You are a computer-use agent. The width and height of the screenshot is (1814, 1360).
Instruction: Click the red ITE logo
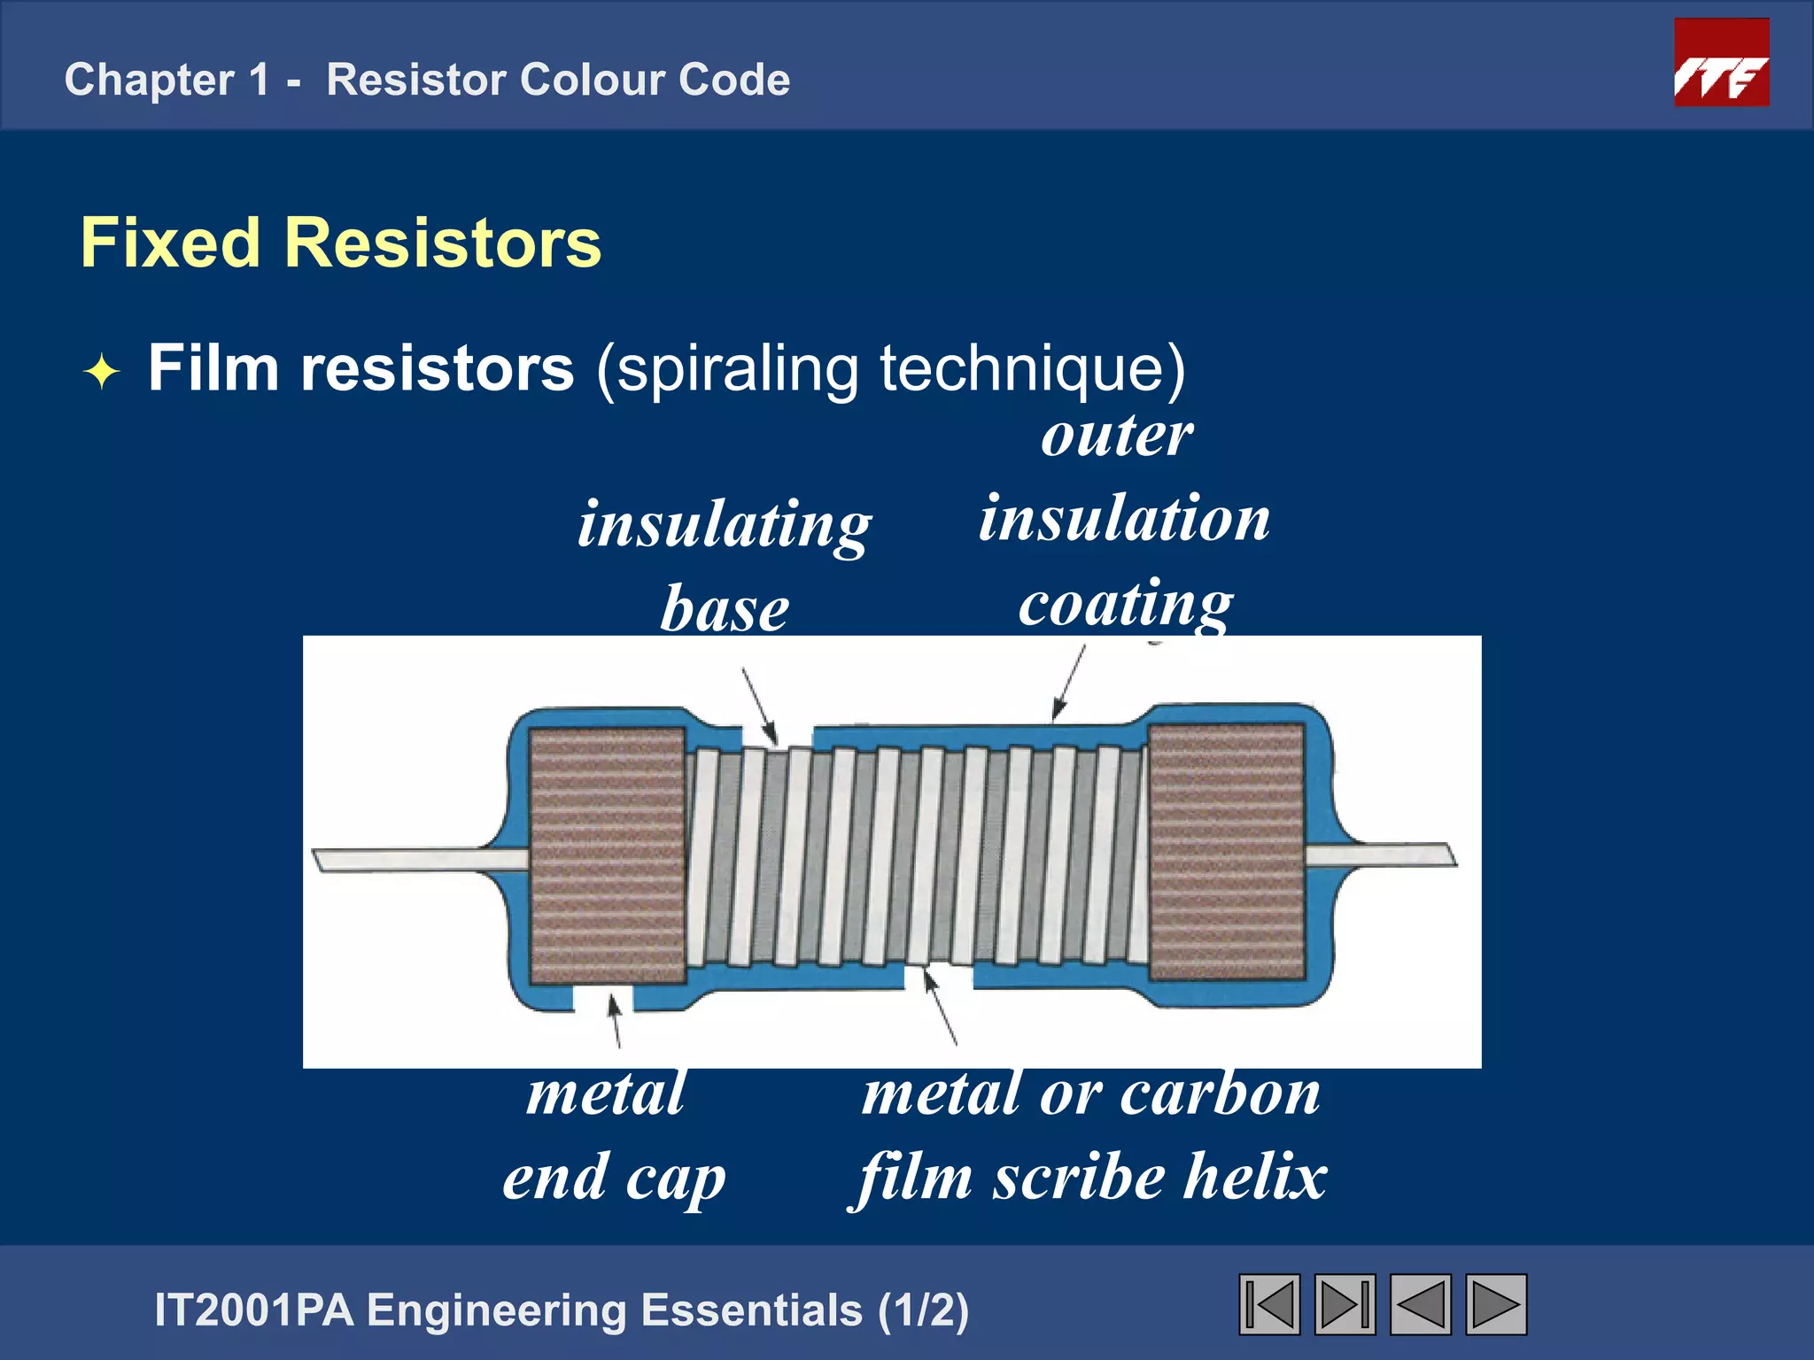(x=1721, y=64)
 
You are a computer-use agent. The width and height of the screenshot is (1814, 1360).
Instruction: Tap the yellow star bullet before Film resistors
(x=102, y=372)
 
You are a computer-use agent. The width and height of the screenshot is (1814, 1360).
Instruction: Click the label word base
(x=725, y=610)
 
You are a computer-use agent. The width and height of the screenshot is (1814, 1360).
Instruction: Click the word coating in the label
(x=1125, y=604)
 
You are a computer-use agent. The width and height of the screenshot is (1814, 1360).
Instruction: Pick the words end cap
(x=614, y=1178)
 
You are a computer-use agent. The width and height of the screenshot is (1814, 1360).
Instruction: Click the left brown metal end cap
(x=607, y=855)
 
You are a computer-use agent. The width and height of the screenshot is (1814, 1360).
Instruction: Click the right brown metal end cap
(x=1226, y=852)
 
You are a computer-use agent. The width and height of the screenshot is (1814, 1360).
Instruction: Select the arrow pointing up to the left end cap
(x=614, y=1020)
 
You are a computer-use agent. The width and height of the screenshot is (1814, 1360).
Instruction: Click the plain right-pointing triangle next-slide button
(x=1495, y=1304)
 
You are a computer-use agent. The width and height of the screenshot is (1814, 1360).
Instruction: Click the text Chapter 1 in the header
(x=167, y=80)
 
